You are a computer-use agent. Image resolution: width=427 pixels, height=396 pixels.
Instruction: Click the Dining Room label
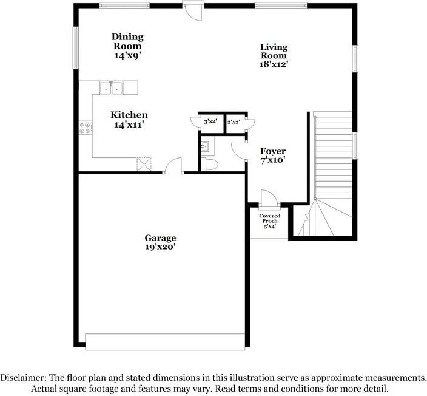(x=127, y=46)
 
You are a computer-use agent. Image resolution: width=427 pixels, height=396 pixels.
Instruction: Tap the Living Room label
(x=274, y=55)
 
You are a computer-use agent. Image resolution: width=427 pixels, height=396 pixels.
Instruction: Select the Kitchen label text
(x=129, y=119)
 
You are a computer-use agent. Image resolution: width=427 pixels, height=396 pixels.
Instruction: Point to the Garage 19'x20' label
(x=160, y=242)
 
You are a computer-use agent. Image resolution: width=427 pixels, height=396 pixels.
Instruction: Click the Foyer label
(x=273, y=155)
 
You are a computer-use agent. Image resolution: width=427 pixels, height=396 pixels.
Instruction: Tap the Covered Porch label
(x=269, y=221)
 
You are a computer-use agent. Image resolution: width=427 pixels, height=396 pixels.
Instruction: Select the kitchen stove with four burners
(x=86, y=128)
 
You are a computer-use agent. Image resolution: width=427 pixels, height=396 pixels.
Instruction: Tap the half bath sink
(x=205, y=146)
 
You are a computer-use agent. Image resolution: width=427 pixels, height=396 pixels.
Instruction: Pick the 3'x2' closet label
(x=210, y=122)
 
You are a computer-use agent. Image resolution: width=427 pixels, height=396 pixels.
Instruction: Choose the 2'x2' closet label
(x=234, y=122)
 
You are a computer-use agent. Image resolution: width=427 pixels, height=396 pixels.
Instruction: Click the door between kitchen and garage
(x=173, y=166)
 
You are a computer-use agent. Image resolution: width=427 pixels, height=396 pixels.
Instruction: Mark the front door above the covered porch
(x=268, y=198)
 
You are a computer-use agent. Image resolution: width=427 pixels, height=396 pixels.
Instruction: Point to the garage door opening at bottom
(x=165, y=342)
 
